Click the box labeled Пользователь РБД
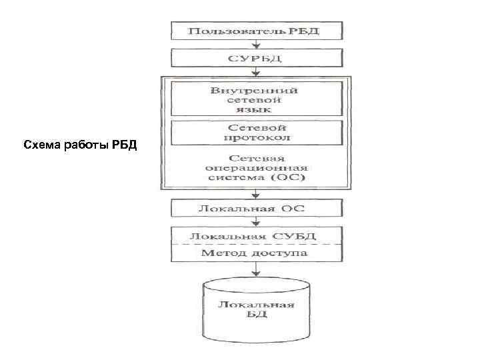[x=257, y=31]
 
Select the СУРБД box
[x=257, y=59]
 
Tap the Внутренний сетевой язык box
[x=257, y=99]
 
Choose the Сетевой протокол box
[x=257, y=132]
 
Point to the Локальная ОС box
[x=257, y=209]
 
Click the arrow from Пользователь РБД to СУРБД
[x=257, y=44]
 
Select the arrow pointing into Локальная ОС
[x=257, y=195]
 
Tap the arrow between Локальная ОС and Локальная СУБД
[x=257, y=222]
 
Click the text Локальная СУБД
[x=257, y=236]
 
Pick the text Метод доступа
[x=257, y=253]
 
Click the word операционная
[x=257, y=169]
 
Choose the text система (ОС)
[x=257, y=179]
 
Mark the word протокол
[x=257, y=137]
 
